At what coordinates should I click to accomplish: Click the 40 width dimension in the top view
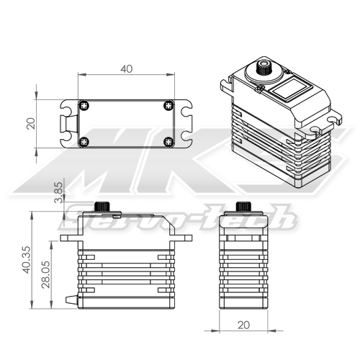point(127,69)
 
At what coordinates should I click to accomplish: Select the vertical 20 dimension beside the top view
point(30,123)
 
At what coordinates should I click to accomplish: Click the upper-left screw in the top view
point(84,104)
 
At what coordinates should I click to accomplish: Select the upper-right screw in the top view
point(168,104)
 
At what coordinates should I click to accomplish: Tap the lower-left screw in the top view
point(84,141)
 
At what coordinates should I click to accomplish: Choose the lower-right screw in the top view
point(168,141)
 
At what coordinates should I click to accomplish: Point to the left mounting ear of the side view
point(68,236)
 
